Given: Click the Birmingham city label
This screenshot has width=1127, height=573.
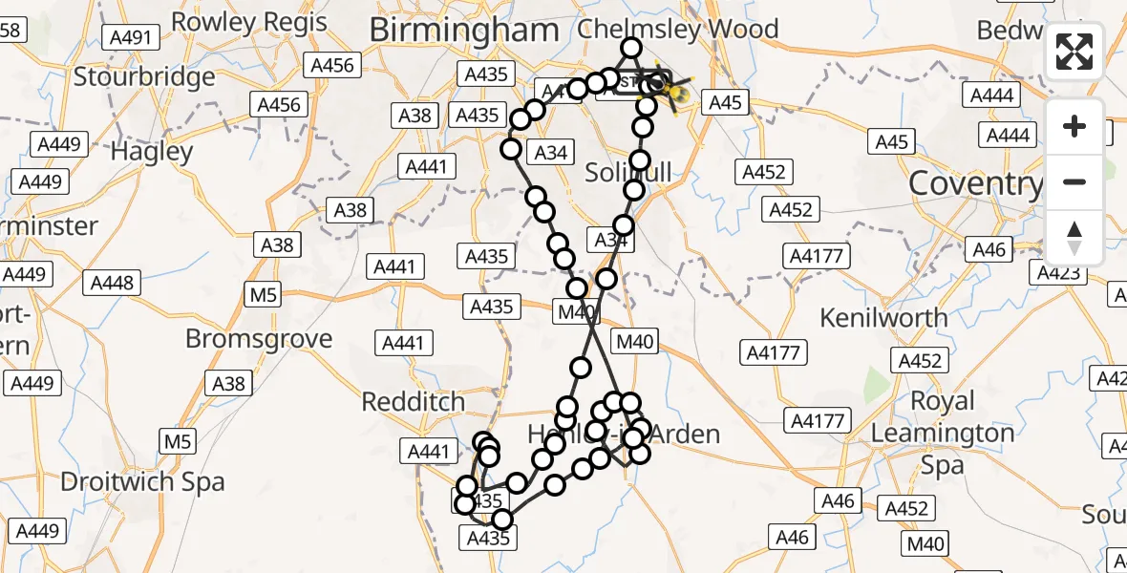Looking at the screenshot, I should tap(463, 30).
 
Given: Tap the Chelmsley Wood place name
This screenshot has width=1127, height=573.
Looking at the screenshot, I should tap(678, 28).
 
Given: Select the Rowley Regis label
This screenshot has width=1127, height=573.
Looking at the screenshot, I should tap(248, 21).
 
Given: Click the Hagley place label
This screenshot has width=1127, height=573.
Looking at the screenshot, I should tap(152, 151).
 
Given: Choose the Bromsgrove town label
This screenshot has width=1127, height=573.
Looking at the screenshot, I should tap(259, 339).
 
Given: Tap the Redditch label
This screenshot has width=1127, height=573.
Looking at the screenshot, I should tap(414, 402).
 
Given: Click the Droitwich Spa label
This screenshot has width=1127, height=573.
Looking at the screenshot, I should tap(142, 481).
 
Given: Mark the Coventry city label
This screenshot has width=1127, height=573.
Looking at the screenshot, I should tap(974, 182).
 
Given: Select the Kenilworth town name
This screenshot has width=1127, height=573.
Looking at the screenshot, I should tap(883, 316).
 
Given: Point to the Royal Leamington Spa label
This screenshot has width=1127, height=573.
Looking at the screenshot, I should tap(941, 433).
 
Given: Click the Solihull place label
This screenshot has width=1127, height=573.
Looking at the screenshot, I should tap(627, 173).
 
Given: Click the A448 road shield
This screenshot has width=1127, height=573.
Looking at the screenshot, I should tap(113, 283).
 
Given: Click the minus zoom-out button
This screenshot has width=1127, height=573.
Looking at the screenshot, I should tap(1074, 181).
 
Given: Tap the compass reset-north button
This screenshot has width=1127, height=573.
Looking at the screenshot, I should tap(1074, 238).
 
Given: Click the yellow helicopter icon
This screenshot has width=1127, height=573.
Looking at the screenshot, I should tap(676, 92).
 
